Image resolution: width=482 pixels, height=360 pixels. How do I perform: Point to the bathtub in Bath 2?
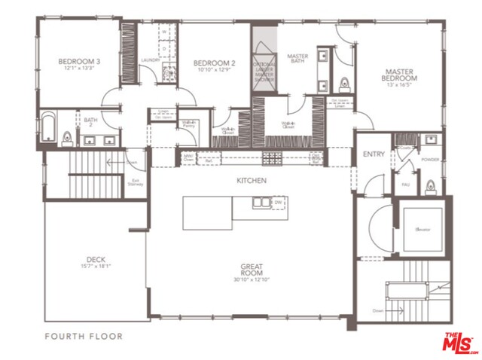(x=49, y=128)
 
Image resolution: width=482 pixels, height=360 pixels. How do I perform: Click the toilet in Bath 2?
(x=67, y=136)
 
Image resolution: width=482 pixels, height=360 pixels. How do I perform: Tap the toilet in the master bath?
(x=345, y=84)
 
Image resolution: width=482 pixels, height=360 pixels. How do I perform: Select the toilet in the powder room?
(x=430, y=185)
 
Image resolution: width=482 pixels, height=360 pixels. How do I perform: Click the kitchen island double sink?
(x=261, y=202)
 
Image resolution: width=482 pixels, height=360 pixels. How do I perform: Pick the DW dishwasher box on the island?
(x=278, y=202)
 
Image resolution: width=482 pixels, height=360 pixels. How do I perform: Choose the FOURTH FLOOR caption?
(x=84, y=336)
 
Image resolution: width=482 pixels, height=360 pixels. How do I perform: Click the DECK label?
(x=96, y=259)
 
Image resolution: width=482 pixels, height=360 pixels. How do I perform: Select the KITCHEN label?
(x=252, y=181)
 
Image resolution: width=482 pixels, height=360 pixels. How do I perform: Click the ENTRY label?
(x=373, y=154)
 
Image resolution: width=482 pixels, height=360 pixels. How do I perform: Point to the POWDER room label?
(x=430, y=160)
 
